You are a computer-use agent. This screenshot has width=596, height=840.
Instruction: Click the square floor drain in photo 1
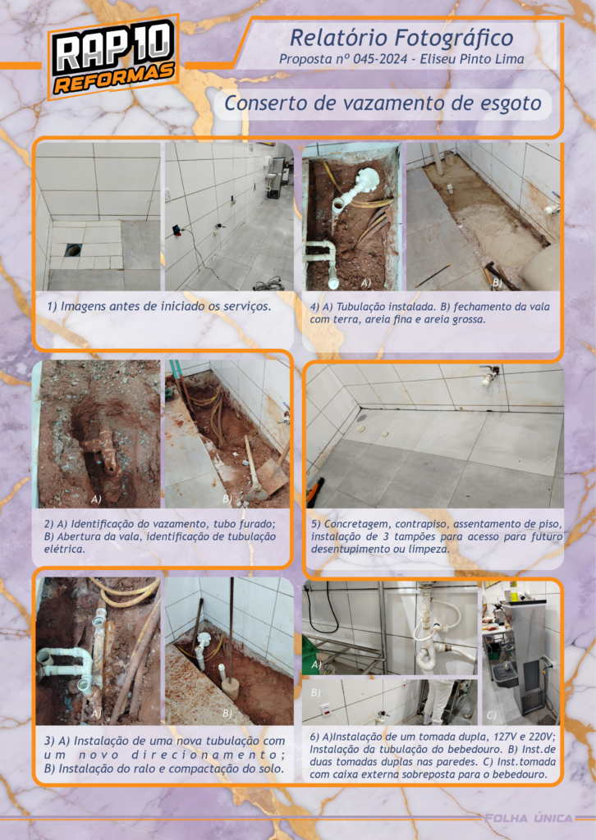tap(73, 249)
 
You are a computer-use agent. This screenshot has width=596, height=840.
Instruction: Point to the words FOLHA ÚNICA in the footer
tap(529, 818)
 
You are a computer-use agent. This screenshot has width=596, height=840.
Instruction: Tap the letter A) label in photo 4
tap(366, 282)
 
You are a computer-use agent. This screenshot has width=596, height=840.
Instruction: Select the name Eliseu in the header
tap(438, 59)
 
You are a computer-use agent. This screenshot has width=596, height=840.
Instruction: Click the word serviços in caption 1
tap(246, 307)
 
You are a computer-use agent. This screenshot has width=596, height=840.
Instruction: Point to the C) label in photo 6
tap(492, 714)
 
